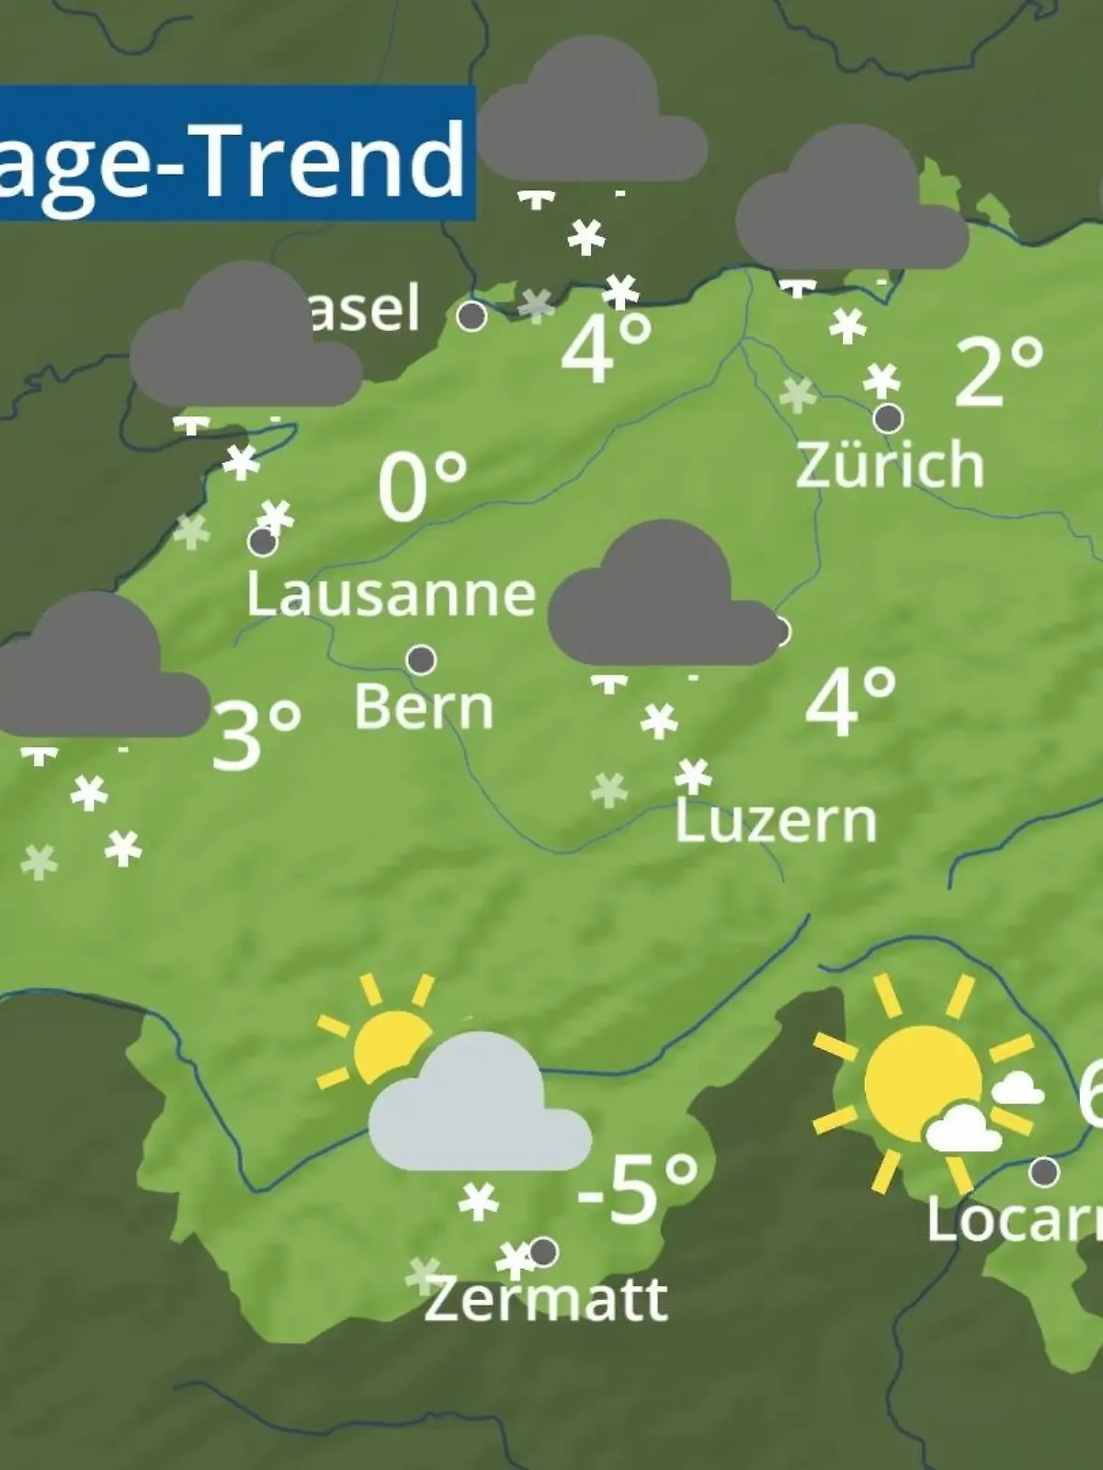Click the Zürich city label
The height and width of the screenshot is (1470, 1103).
[x=889, y=465]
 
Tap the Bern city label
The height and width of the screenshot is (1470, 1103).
[x=424, y=707]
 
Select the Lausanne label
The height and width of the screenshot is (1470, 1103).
[x=391, y=594]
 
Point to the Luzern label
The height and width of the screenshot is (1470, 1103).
[x=777, y=820]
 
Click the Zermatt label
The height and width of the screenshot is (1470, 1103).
[x=545, y=1299]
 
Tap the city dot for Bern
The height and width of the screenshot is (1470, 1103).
[x=421, y=660]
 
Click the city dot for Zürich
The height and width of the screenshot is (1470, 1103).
[x=888, y=419]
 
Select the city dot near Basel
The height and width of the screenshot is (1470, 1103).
[x=472, y=316]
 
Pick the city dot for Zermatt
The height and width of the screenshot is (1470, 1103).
[x=543, y=1251]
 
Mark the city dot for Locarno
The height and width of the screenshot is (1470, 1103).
[x=1044, y=1172]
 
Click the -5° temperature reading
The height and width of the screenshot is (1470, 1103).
[x=637, y=1191]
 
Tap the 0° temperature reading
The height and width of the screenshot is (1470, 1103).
[x=422, y=487]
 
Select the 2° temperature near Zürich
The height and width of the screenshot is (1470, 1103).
[x=999, y=371]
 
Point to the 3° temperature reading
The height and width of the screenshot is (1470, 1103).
[x=256, y=735]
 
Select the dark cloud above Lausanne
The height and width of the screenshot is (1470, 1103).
[x=245, y=340]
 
